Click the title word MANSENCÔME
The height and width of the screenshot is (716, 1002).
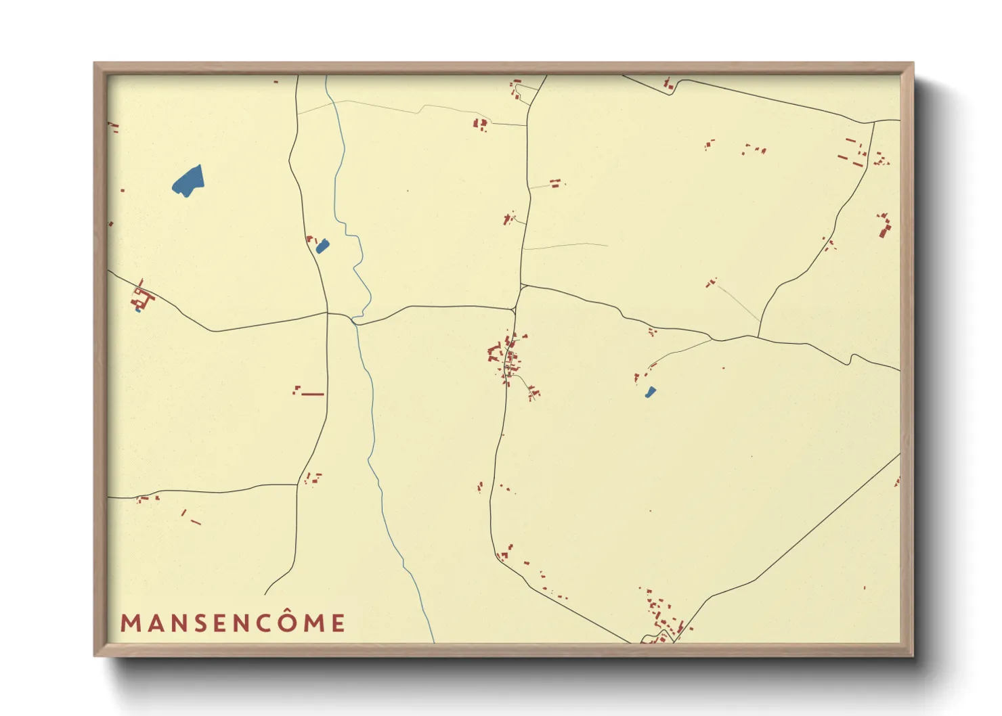[233, 623]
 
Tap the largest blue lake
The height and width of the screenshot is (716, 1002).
[189, 181]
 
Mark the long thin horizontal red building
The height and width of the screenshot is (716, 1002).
[312, 394]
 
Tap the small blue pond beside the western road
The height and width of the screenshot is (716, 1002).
[322, 247]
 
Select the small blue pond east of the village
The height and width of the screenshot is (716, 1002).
[651, 392]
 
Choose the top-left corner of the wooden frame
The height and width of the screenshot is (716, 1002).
[95, 64]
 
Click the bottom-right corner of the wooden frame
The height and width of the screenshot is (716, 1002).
[913, 655]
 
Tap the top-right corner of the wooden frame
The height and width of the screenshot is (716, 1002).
[913, 64]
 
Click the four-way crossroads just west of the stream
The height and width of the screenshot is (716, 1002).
[328, 313]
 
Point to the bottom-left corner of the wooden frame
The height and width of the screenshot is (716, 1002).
[95, 655]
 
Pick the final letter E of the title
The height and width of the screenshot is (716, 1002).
[339, 623]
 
